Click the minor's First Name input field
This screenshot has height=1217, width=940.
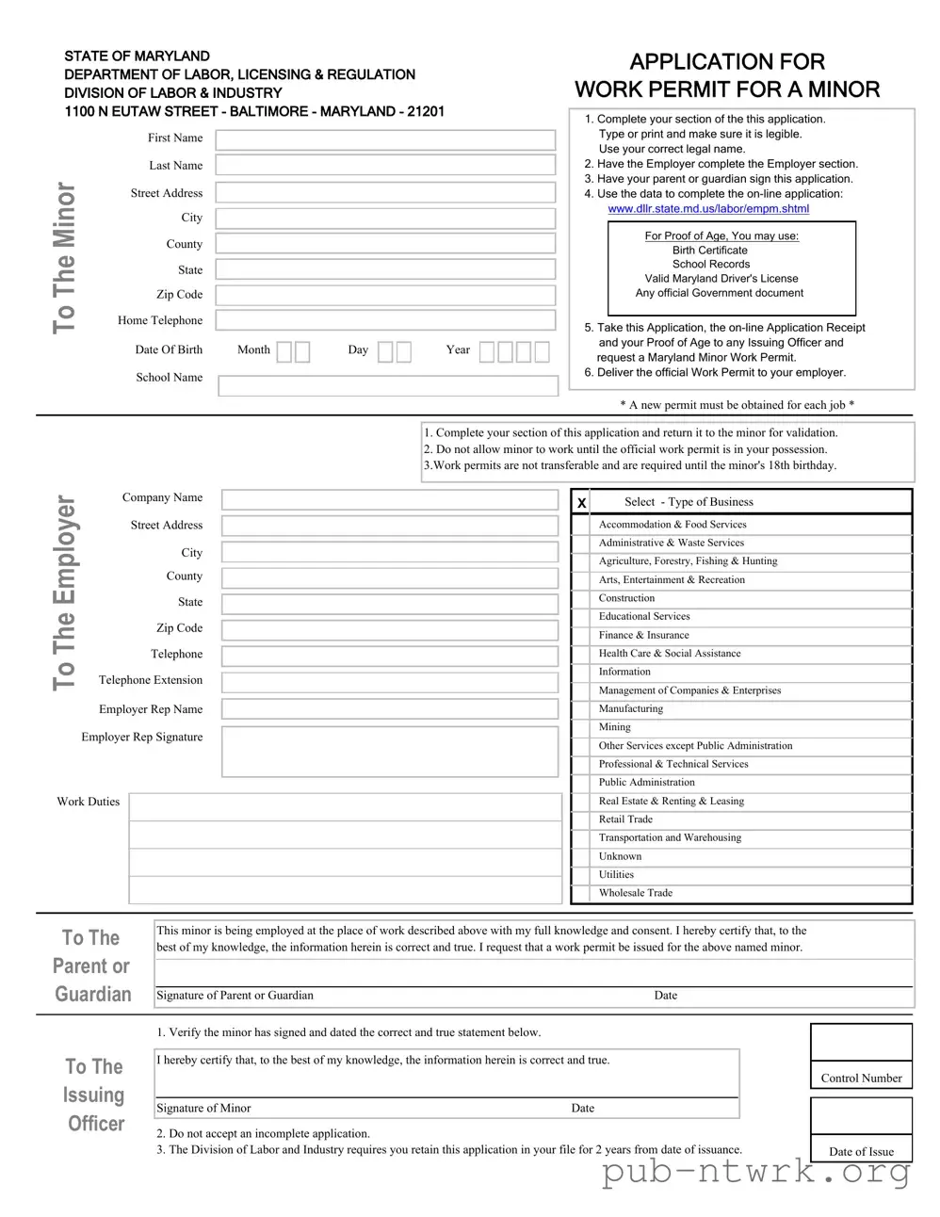(x=385, y=139)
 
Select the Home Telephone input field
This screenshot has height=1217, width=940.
(x=385, y=320)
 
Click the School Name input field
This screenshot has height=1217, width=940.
(x=388, y=386)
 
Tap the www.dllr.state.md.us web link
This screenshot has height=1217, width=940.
(x=707, y=209)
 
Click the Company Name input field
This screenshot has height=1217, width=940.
(x=390, y=499)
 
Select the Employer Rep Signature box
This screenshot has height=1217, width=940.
(x=390, y=751)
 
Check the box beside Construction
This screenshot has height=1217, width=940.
(x=581, y=599)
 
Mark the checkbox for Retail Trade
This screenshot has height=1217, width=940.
(x=581, y=819)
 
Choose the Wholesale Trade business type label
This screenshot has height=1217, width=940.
(x=635, y=893)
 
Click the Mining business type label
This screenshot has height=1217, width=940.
(x=614, y=727)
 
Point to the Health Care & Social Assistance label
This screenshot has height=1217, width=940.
(x=669, y=654)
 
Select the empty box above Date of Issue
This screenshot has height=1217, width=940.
(x=861, y=1117)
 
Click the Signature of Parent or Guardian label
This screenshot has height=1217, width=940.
(x=235, y=996)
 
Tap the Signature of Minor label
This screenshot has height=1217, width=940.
(x=203, y=1109)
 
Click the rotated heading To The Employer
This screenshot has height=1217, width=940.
(x=64, y=592)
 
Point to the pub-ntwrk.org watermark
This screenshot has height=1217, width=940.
(x=755, y=1172)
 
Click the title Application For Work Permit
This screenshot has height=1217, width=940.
(x=727, y=75)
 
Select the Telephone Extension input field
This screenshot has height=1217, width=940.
(x=390, y=682)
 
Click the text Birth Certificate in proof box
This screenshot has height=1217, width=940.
(x=709, y=251)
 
